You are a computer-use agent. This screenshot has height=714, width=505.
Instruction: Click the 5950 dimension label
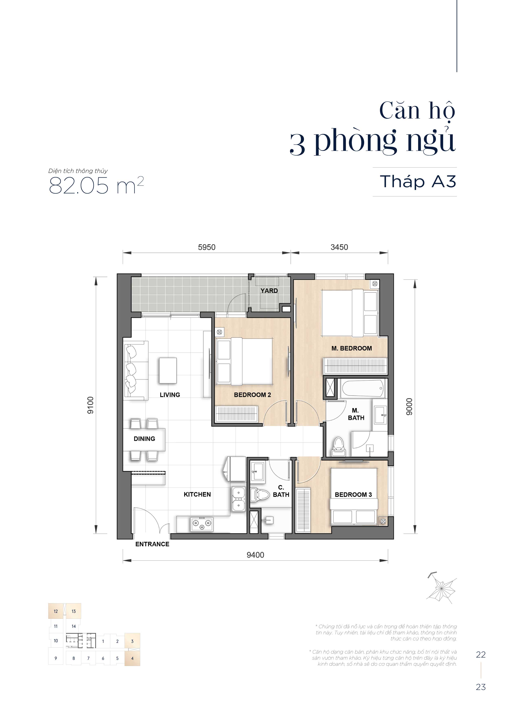click(207, 247)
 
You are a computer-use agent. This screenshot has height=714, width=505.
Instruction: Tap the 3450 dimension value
click(339, 247)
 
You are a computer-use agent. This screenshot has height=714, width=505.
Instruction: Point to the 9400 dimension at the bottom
click(255, 555)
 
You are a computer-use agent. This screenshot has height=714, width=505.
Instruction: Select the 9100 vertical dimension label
click(90, 405)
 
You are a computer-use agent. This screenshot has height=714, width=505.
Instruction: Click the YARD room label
click(269, 291)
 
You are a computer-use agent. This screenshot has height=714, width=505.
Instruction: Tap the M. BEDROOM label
click(351, 348)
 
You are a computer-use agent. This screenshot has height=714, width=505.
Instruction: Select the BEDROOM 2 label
click(252, 395)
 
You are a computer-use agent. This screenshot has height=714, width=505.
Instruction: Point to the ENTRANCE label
click(152, 544)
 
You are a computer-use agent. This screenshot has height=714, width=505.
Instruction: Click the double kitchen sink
click(238, 499)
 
